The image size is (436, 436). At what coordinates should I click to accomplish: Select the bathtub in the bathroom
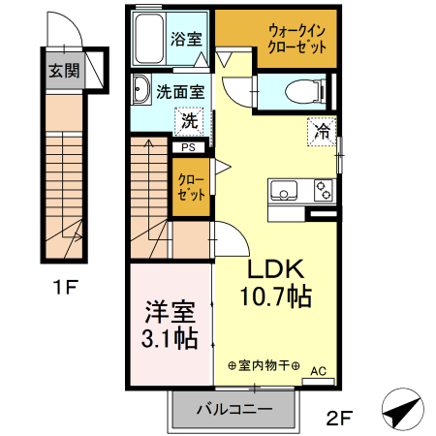[150, 41]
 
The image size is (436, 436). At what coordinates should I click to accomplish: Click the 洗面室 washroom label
[181, 94]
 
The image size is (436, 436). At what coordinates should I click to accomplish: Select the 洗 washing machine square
[190, 122]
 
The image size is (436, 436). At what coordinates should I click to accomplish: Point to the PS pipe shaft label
[188, 147]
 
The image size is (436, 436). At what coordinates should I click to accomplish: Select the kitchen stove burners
[323, 191]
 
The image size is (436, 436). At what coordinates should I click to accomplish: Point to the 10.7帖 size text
[276, 296]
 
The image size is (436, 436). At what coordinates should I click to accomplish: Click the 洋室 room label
[171, 312]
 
